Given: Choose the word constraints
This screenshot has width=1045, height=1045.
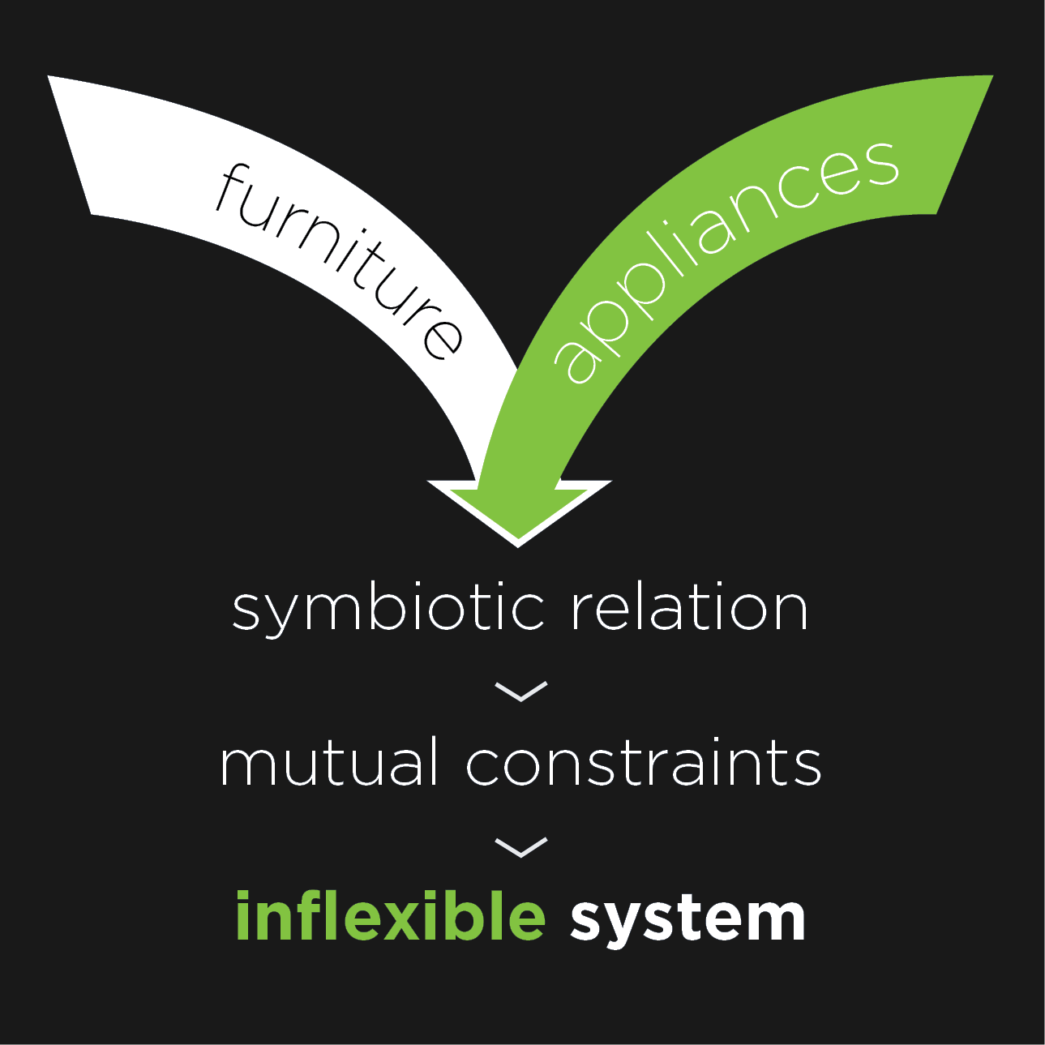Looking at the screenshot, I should [x=644, y=764].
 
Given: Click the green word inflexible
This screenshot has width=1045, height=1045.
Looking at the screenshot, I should [x=390, y=916].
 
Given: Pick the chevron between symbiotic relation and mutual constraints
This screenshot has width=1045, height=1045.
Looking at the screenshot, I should [x=520, y=692].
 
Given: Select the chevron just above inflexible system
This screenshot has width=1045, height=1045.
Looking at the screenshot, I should [x=520, y=847].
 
